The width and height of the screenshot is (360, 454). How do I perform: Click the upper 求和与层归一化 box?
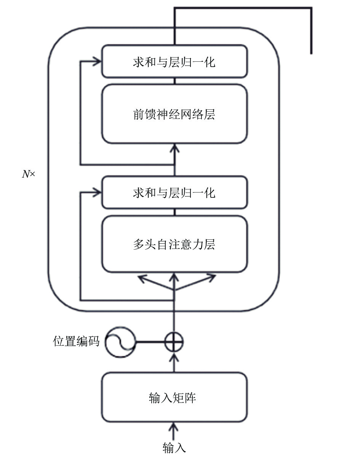coord(174,61)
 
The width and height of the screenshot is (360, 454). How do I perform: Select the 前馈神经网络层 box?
coord(174,114)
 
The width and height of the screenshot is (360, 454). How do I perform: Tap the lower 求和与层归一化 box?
coord(174,193)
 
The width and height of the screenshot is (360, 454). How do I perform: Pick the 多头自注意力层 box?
coord(174,244)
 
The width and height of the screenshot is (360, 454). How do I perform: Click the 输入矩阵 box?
coord(174,397)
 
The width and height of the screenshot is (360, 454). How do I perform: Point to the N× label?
coord(28,174)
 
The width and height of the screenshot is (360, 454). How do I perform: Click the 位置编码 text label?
coord(76,342)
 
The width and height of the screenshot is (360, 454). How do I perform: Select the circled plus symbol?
coord(174,342)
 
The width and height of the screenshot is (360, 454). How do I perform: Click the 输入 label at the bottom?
coord(174,448)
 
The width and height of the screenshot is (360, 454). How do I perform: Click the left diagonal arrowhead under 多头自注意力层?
coord(142,279)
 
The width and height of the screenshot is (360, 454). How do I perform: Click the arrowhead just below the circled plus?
coord(174,356)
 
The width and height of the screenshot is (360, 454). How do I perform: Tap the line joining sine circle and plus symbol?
coord(150,342)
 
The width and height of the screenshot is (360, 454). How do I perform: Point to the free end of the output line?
coord(311,54)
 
